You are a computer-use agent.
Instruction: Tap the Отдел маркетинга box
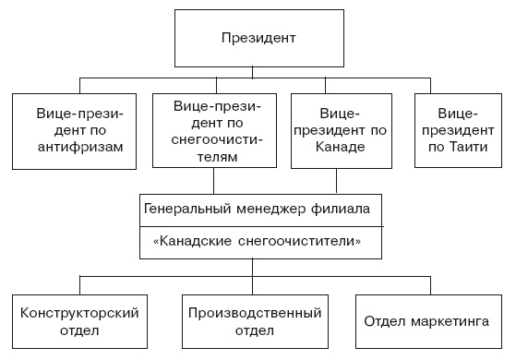pos(426,322)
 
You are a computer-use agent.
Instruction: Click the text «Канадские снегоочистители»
pos(256,241)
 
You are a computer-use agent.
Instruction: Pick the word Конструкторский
pos(79,313)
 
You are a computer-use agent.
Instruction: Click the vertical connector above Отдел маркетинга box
pos(426,284)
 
